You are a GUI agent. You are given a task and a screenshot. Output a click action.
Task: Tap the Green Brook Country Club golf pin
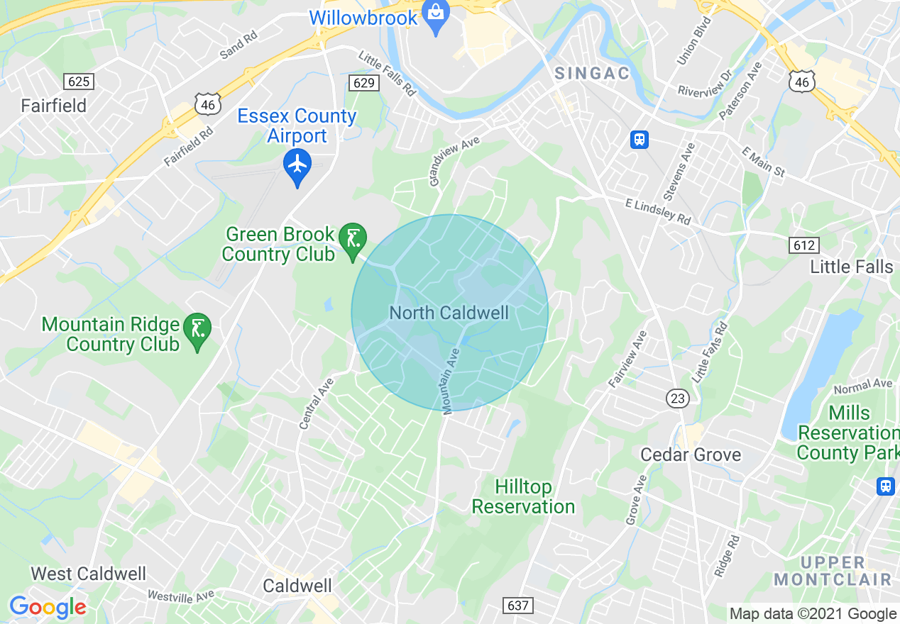coord(352,239)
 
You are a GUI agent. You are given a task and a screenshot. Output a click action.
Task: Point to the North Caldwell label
coord(449,313)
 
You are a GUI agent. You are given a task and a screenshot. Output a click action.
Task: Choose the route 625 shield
coord(78,82)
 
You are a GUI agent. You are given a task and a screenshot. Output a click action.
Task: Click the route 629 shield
coord(363,83)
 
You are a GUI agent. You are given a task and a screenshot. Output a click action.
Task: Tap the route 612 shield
coord(803,245)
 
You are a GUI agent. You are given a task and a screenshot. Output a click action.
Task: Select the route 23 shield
coord(678,399)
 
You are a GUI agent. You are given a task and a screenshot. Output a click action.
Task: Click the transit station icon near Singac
coord(640,140)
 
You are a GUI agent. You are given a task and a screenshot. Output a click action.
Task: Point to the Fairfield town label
coord(54,106)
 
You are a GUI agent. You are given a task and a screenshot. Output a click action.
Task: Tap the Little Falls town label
coord(852,267)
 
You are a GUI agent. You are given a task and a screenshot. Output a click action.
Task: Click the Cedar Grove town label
coord(691,455)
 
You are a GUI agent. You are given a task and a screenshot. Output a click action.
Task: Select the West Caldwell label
coord(89,574)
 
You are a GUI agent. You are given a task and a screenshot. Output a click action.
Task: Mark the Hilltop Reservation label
coord(524,496)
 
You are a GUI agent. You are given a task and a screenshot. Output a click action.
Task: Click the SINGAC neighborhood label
coord(592,74)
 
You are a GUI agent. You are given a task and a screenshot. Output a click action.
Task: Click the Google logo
coord(48,608)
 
